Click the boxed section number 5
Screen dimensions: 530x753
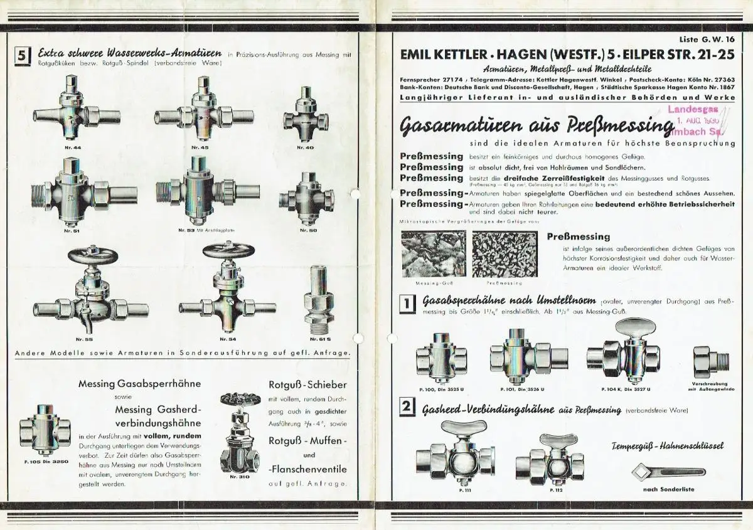click(22, 56)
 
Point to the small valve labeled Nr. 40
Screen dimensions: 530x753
click(306, 118)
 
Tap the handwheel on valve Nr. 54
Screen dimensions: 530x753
click(228, 251)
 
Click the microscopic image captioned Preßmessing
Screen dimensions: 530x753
click(504, 254)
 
